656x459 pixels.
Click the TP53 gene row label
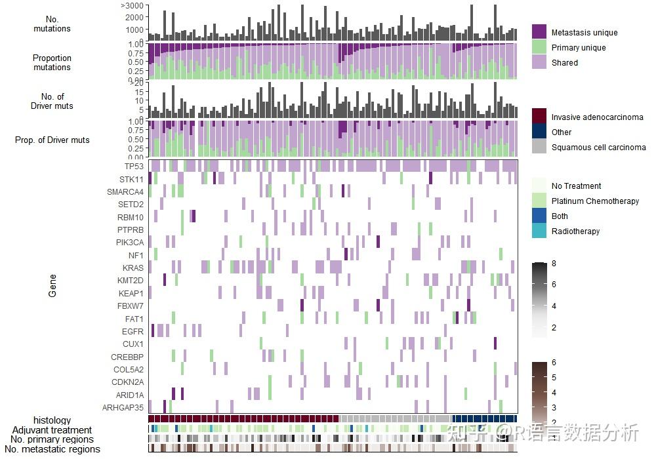(134, 167)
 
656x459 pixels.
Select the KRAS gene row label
(133, 268)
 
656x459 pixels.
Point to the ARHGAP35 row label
(123, 408)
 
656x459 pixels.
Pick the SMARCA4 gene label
(125, 192)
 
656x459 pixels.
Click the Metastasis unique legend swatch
(539, 32)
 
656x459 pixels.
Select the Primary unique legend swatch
(539, 47)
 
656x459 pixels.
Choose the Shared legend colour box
(539, 62)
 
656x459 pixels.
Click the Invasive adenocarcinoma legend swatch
(539, 117)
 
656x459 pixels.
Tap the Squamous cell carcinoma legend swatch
(539, 147)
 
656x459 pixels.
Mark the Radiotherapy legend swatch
(539, 231)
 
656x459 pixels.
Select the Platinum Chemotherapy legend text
(595, 201)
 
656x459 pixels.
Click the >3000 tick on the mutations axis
(132, 5)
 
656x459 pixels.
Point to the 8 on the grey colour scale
(554, 264)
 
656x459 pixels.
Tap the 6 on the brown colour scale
(554, 363)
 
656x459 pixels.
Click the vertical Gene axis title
(52, 287)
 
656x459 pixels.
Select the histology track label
(52, 420)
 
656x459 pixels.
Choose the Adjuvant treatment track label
(52, 430)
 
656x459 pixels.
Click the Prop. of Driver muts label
(52, 140)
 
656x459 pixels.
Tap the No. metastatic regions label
(52, 449)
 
